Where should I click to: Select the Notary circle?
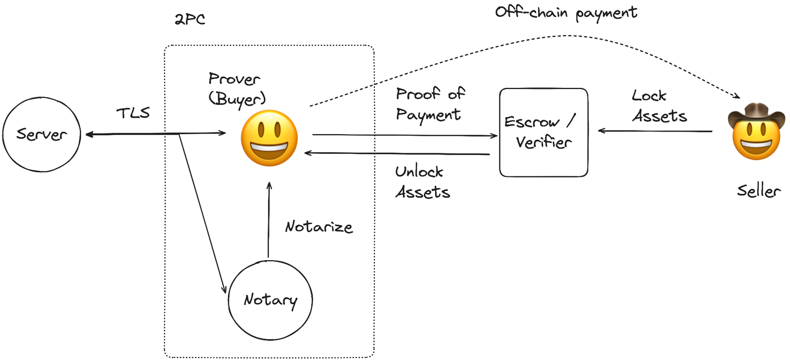271,300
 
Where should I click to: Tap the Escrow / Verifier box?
544,132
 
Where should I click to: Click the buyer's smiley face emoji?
270,137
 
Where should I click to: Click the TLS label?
133,113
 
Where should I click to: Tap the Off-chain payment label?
566,12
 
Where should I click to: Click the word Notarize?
319,226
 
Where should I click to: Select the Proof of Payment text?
429,103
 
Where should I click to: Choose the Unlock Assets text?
422,182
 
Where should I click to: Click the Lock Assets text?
659,106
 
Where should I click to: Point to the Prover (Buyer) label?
235,88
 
